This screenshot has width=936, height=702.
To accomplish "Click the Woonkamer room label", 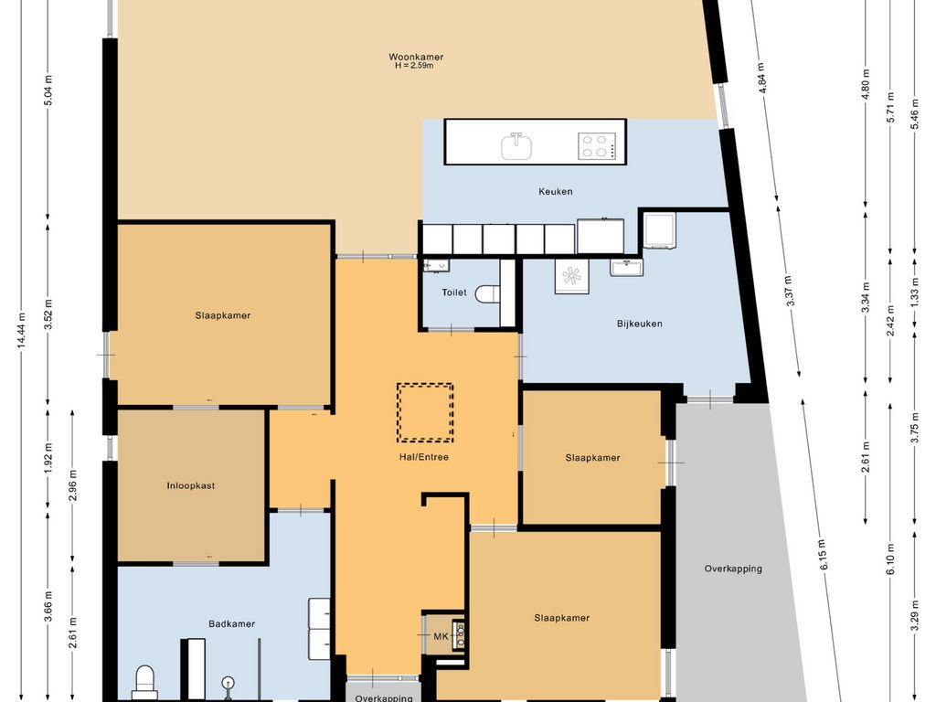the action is coord(416,58).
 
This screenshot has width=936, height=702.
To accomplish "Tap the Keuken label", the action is coord(556,192).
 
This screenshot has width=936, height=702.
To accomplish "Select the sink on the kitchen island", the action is coord(516,145).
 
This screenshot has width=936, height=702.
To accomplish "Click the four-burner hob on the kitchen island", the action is coord(595,146).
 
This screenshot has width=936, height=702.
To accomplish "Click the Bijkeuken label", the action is coord(639,324).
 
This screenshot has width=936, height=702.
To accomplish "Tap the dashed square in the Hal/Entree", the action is coord(425,412).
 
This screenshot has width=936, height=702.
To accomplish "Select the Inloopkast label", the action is coord(191,486).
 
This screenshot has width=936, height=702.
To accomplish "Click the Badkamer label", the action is coord(231,623).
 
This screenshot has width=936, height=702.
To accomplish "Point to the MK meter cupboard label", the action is coord(441,636).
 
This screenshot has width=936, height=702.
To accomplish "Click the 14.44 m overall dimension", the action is coord(22,331).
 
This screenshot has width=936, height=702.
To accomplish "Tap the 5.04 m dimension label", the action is coord(48,90).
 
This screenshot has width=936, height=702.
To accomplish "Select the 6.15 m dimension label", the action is coord(824,554).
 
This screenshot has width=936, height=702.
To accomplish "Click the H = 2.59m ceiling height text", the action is coord(414,66).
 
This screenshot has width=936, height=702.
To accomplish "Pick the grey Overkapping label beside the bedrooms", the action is coord(733,569).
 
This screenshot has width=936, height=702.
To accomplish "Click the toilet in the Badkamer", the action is coord(144,683).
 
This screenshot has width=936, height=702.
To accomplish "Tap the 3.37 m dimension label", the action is coord(791,290).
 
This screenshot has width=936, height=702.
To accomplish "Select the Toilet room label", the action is coord(454,292).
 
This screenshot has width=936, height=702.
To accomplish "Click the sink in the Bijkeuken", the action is coord(626,267).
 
